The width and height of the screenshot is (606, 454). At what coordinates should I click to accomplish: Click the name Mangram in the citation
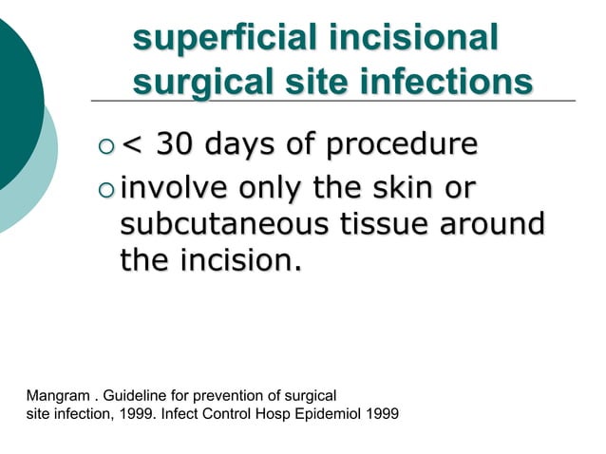tap(59, 394)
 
